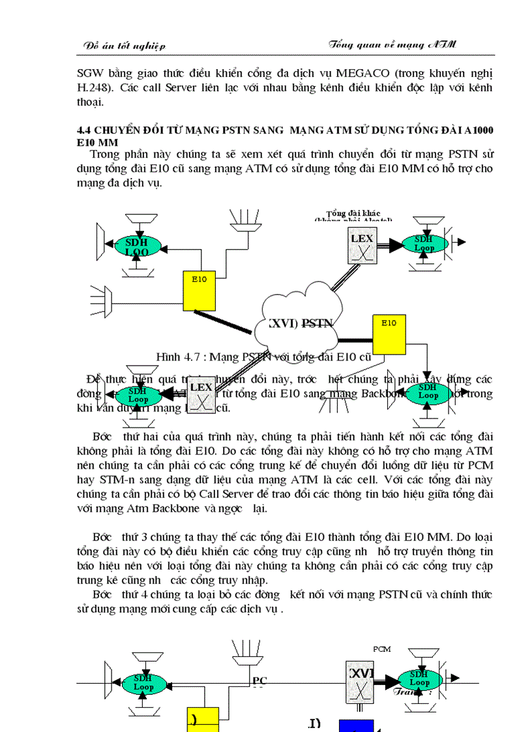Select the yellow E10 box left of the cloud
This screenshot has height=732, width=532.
[x=199, y=291]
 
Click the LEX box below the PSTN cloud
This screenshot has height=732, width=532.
[x=201, y=395]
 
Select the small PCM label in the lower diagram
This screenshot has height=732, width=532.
[x=381, y=649]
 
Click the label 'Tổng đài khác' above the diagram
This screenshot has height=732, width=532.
[x=353, y=213]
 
